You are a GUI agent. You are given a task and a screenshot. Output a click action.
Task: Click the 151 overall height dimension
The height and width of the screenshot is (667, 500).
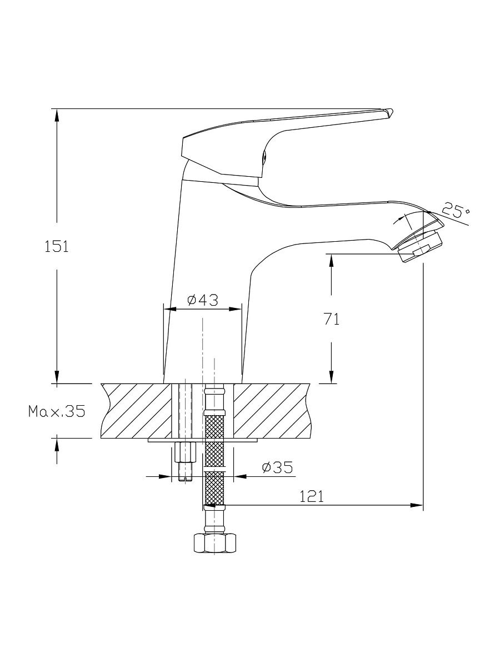57,246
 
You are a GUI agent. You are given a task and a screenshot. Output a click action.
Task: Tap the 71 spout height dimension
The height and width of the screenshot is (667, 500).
332,319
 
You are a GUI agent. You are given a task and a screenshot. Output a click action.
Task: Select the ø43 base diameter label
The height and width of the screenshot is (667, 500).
203,300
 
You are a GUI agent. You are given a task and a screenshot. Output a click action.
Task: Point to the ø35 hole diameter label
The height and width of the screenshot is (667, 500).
277,467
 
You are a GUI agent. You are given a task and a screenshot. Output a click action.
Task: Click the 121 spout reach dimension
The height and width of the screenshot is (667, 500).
312,497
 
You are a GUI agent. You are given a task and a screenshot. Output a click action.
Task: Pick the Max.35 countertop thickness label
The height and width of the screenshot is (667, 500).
57,411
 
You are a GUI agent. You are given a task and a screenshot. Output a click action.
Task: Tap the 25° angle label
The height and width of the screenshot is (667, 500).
455,211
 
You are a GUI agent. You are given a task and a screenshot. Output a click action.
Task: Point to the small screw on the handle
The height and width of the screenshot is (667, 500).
266,157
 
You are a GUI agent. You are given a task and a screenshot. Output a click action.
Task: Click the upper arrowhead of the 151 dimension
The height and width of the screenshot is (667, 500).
57,116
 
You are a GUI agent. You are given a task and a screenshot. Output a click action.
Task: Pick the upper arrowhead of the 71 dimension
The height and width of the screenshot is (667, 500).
331,261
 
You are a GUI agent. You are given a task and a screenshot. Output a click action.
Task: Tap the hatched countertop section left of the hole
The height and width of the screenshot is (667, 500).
136,411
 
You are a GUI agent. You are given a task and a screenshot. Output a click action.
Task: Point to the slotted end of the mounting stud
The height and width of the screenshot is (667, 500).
186,479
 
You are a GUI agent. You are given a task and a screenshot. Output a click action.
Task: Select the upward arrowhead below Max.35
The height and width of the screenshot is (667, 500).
57,445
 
